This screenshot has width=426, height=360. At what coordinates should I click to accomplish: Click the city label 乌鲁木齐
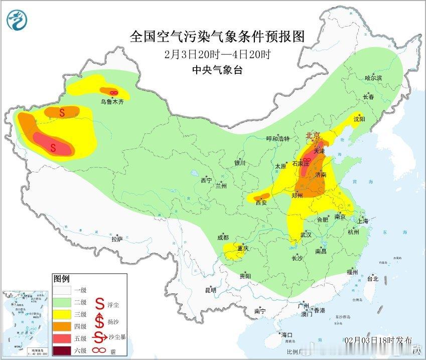coord(111,101)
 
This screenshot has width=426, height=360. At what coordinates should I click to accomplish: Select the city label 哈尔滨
coord(373,78)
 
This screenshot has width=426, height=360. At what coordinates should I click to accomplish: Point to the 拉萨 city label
coord(117,239)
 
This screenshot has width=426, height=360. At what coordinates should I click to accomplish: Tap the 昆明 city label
coord(210,290)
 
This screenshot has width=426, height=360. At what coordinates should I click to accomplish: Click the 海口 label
coord(287,334)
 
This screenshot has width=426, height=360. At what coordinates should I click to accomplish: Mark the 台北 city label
coord(373,279)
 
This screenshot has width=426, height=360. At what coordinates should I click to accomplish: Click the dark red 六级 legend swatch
coord(63,349)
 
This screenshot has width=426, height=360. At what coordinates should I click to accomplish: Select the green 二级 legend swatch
coord(63,302)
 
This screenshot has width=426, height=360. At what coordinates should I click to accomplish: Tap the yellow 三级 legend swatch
coord(63,314)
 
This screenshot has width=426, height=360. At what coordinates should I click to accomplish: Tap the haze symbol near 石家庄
coord(306,160)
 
